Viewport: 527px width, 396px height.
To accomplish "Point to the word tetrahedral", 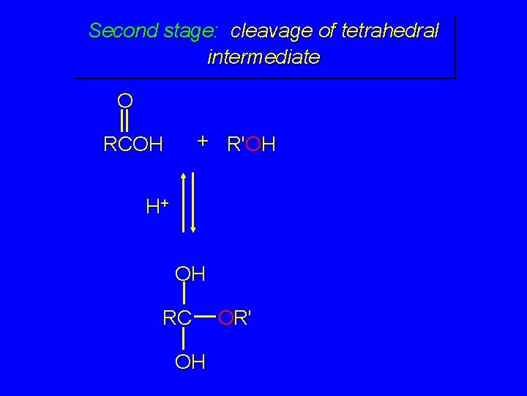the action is tap(395, 31).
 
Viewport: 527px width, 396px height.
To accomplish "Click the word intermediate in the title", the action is tap(263, 56).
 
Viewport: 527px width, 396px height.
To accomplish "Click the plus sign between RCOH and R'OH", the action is tap(203, 140).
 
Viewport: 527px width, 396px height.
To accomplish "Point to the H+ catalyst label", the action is tap(157, 207).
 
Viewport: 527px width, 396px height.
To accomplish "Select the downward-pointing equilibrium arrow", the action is tap(194, 202).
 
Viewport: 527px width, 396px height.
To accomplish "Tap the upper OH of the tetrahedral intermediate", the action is tap(190, 274).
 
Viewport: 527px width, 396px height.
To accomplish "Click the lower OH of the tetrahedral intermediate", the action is tap(190, 361).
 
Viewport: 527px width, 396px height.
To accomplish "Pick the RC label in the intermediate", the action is tap(177, 318).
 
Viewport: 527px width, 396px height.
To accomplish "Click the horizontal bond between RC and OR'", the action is tap(209, 318).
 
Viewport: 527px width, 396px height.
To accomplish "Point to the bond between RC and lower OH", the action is tap(183, 339).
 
